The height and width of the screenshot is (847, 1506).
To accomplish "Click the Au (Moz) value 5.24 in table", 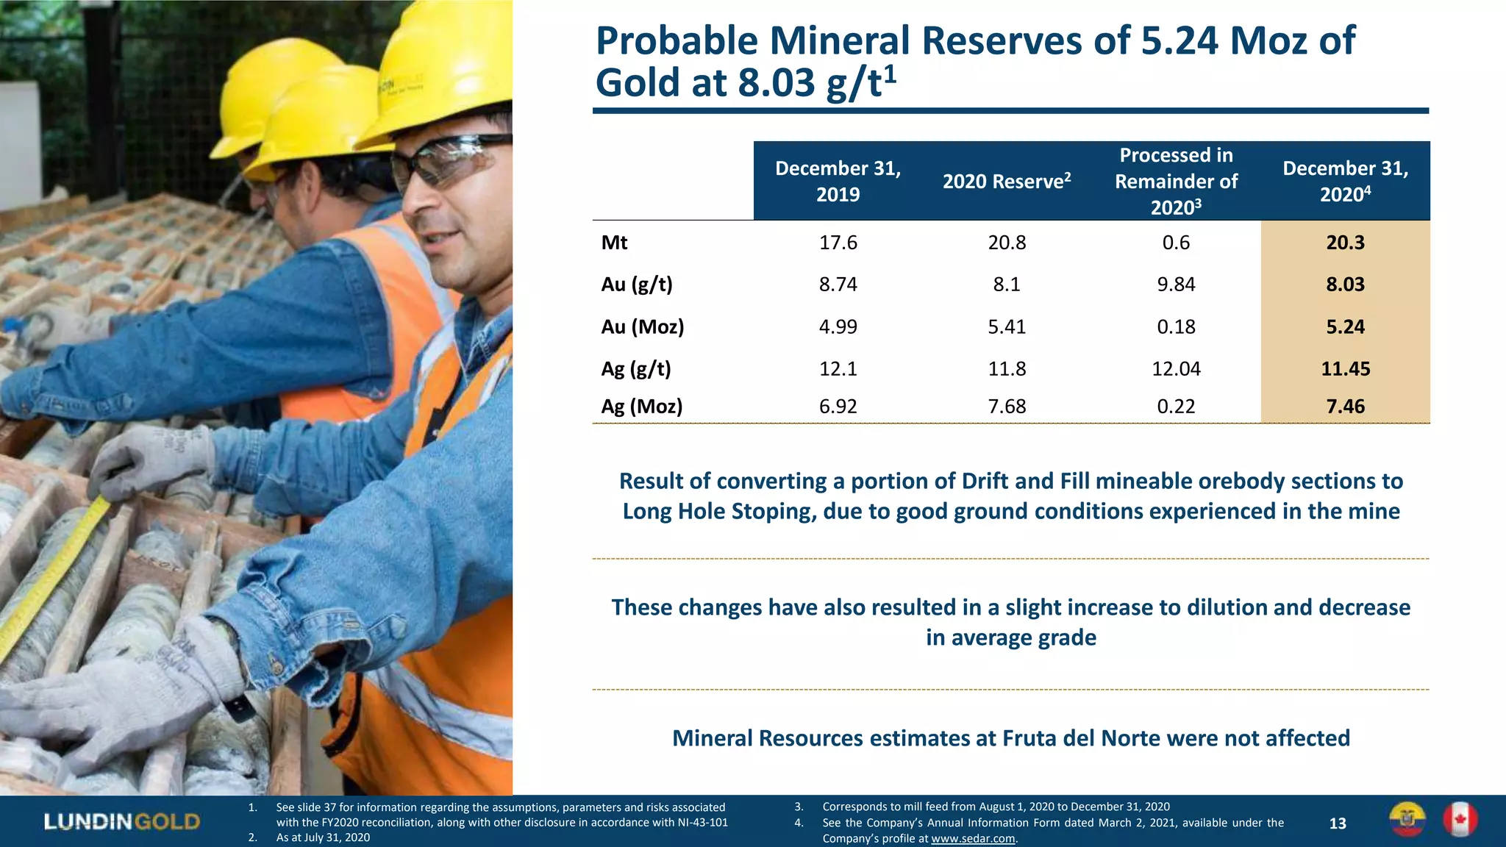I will tap(1345, 326).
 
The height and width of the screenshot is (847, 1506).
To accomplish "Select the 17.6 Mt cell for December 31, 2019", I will tap(838, 243).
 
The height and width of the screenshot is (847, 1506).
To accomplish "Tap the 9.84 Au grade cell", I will tap(1175, 285).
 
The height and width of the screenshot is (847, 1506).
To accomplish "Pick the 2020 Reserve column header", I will tap(1006, 181).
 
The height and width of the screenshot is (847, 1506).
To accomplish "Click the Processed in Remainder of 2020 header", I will tap(1175, 181).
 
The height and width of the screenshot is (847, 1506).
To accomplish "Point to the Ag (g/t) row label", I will tap(636, 368).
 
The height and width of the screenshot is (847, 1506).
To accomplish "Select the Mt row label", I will tap(614, 243).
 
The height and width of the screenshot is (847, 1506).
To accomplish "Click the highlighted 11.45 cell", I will tap(1345, 368).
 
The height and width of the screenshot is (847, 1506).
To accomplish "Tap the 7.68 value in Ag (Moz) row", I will tap(1006, 407).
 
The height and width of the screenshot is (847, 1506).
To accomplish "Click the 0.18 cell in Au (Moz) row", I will tap(1175, 326).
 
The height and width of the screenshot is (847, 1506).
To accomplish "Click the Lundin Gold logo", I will tap(121, 821).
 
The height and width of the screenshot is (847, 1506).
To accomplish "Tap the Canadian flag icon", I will tap(1460, 820).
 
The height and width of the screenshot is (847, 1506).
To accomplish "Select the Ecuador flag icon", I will tap(1407, 820).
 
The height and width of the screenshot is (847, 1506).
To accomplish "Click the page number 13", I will tap(1338, 823).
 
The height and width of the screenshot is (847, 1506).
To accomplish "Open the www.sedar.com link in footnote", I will tap(973, 838).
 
